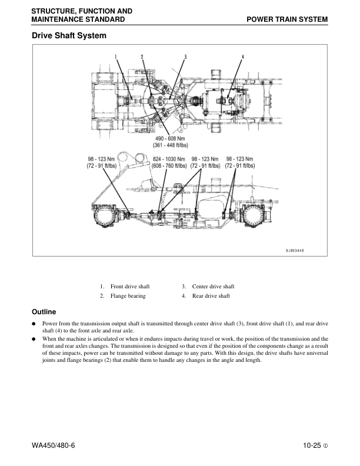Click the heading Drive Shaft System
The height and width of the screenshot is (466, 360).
[x=69, y=36]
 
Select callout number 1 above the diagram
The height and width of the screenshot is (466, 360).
[x=116, y=56]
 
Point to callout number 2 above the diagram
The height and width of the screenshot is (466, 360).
[x=142, y=56]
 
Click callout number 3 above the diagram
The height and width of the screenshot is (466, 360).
[x=185, y=56]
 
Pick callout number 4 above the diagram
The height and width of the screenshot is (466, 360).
[x=242, y=56]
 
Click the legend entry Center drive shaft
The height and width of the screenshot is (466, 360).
[x=213, y=287]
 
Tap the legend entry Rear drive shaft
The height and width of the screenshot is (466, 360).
[x=211, y=296]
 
